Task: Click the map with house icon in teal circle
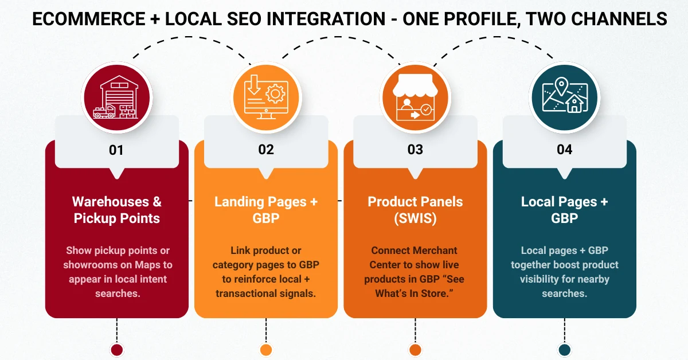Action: [x=564, y=95]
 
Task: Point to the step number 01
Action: [x=116, y=150]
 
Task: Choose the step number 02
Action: [x=265, y=150]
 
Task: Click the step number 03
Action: [x=415, y=150]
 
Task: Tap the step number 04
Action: [x=564, y=150]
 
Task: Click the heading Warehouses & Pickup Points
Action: [x=116, y=210]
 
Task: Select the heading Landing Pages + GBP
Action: [x=265, y=210]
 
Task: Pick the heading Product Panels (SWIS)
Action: [x=415, y=210]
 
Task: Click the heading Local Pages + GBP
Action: [x=564, y=210]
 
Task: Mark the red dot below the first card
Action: [x=116, y=350]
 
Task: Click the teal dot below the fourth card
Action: [x=564, y=350]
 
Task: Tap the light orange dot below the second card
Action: [x=265, y=350]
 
